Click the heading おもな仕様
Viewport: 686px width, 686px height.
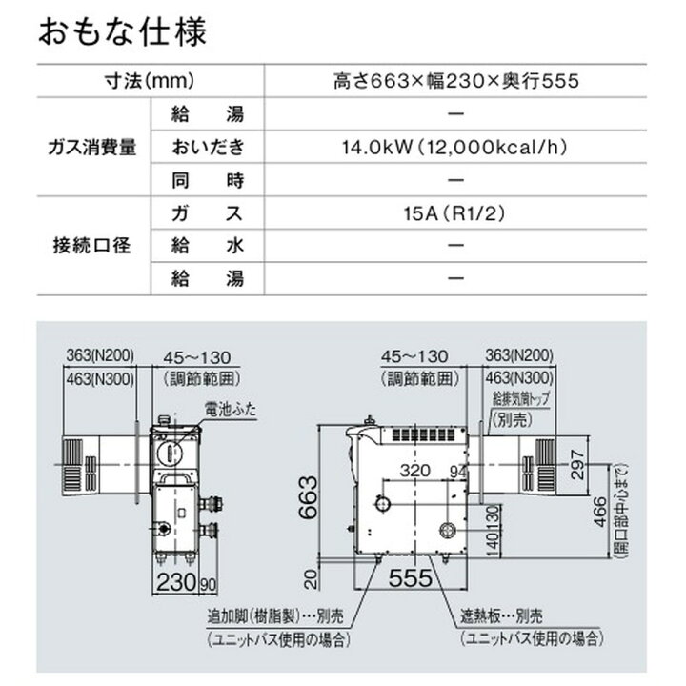point(122,31)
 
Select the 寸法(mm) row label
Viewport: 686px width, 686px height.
point(151,81)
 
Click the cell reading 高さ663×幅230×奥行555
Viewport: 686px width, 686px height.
point(455,81)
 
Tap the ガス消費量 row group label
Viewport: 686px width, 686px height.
point(92,147)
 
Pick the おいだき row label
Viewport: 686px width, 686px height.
point(208,147)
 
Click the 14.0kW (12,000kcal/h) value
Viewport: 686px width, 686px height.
point(455,147)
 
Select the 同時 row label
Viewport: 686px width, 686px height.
point(208,180)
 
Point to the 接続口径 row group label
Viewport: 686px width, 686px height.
point(92,246)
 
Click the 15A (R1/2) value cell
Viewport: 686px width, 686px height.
point(455,213)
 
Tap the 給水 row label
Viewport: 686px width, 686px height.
point(208,246)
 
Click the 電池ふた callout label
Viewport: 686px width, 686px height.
point(231,410)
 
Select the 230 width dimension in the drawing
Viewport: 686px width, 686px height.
point(176,582)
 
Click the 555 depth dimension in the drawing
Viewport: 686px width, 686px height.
point(410,577)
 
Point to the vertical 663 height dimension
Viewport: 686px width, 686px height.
point(308,497)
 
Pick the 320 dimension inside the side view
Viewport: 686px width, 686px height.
point(415,471)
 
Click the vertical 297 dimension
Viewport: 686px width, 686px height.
point(577,465)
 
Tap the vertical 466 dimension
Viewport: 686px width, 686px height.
point(600,513)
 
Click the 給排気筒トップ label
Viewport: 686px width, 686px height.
point(520,398)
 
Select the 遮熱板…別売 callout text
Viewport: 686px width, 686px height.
point(501,616)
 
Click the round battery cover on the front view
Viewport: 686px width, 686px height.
point(169,453)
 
